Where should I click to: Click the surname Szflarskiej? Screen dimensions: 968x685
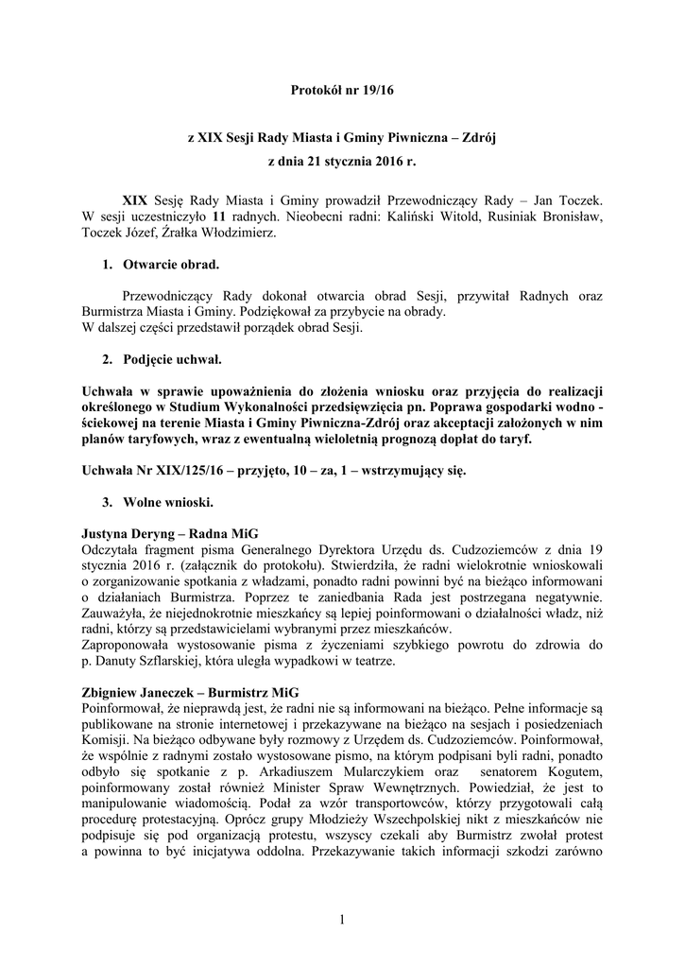pos(213,661)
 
